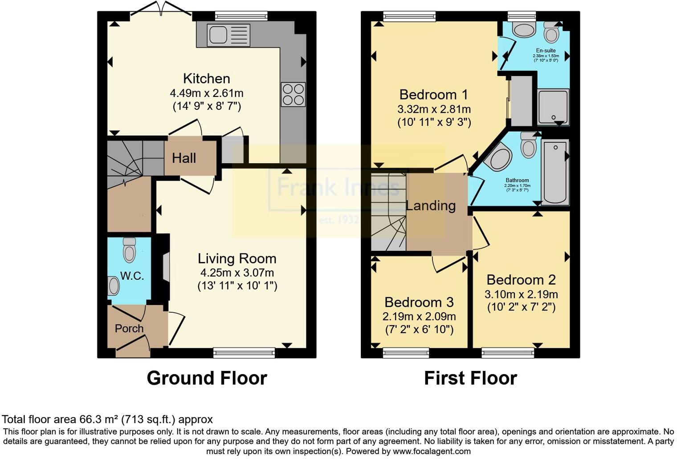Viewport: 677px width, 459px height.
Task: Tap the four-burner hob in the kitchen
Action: (x=293, y=95)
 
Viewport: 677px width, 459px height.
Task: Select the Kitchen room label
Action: (x=207, y=79)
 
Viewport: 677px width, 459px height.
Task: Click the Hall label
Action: (x=184, y=158)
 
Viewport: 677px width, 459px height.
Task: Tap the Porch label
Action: (x=129, y=328)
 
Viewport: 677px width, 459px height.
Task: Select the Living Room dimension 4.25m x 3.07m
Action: (x=237, y=272)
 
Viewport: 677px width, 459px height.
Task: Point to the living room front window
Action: (x=244, y=353)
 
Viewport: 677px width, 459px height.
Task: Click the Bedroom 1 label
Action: (x=434, y=95)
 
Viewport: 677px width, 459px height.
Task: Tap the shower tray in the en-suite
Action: (x=553, y=107)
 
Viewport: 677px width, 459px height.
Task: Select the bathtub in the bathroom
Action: (x=555, y=172)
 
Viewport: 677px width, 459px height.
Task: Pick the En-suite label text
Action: (x=546, y=51)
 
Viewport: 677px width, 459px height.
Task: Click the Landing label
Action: (x=431, y=205)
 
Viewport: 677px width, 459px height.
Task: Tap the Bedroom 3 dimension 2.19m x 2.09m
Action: (x=419, y=317)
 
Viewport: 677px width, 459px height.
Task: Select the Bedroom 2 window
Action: (x=508, y=353)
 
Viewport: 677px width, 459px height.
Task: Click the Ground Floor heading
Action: (x=207, y=378)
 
